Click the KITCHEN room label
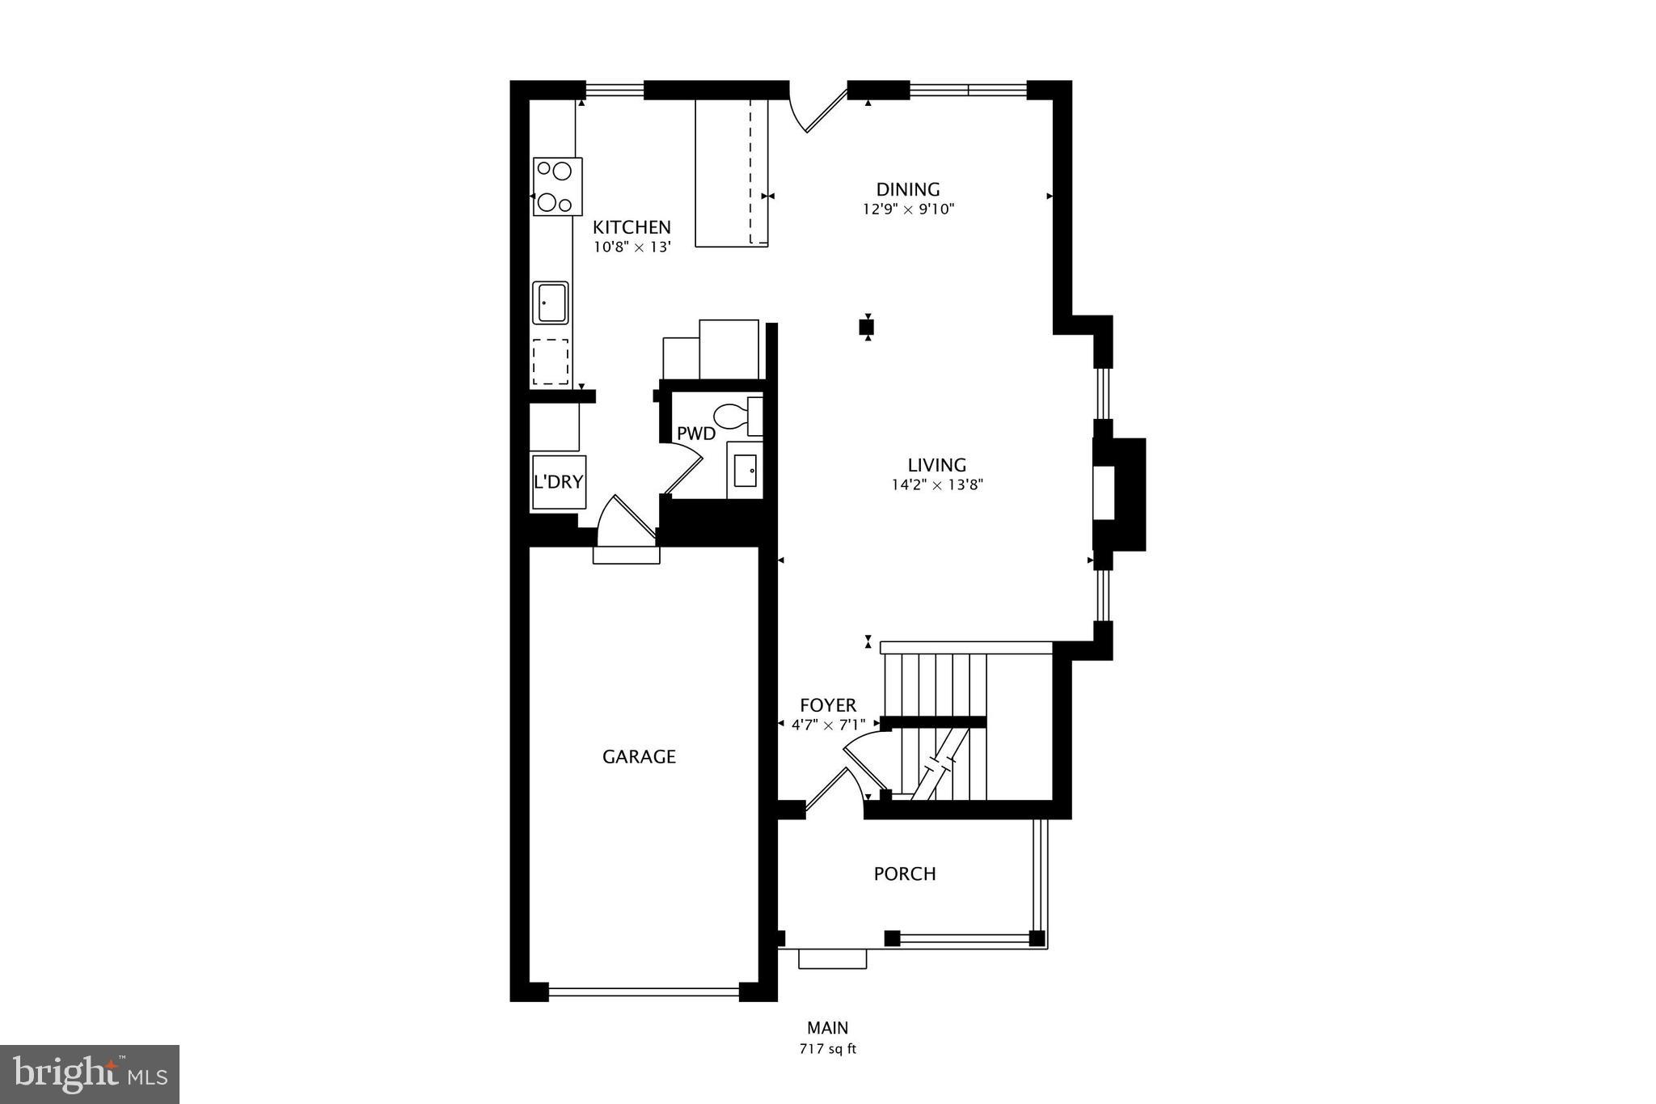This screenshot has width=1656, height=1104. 632,227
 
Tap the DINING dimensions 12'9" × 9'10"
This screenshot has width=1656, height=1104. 908,209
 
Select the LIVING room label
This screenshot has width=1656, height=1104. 936,465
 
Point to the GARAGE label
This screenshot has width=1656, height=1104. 639,757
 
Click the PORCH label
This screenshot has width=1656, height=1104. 905,873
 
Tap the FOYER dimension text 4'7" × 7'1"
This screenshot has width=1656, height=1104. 828,725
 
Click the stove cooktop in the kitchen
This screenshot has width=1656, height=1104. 557,186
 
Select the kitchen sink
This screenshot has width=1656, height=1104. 551,302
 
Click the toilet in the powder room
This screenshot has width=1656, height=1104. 732,416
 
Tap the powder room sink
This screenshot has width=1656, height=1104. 745,470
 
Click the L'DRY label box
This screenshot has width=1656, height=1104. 558,482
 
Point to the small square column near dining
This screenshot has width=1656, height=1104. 867,328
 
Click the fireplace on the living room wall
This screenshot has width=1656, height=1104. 1118,494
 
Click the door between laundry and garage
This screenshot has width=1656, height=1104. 626,522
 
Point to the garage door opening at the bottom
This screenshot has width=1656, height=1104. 644,991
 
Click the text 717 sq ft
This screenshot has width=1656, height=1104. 827,1049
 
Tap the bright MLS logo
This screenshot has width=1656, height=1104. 90,1074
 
